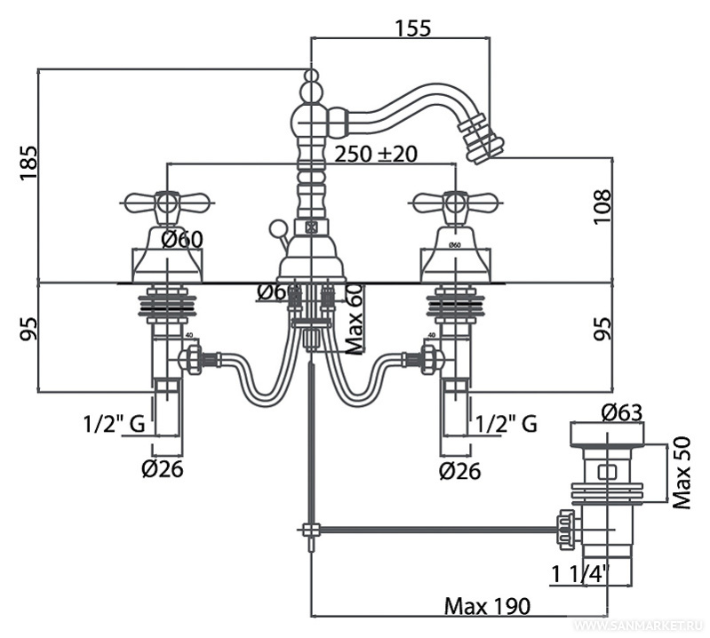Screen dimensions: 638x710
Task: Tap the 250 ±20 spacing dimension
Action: [376, 153]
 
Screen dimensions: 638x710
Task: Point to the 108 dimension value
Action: [604, 206]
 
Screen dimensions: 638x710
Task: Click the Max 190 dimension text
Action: [487, 606]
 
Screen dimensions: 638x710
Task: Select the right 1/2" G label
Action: [506, 423]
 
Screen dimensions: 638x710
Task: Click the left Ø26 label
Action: [161, 468]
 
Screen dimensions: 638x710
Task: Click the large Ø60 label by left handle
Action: [183, 238]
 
